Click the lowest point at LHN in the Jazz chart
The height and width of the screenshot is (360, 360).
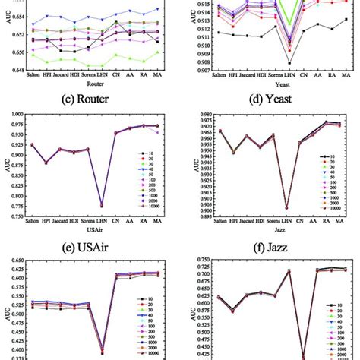coord(286,207)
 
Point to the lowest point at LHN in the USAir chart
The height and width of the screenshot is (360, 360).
coord(103,205)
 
